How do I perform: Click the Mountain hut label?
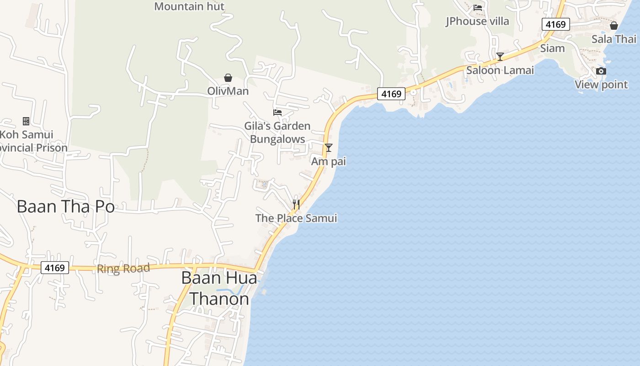pyautogui.click(x=189, y=6)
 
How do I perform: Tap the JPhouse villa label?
pyautogui.click(x=477, y=21)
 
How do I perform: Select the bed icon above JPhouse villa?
pyautogui.click(x=478, y=8)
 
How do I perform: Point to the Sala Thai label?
pyautogui.click(x=613, y=39)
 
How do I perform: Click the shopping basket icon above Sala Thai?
pyautogui.click(x=614, y=26)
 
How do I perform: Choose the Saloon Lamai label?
pyautogui.click(x=500, y=70)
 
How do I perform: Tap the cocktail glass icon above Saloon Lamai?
pyautogui.click(x=500, y=57)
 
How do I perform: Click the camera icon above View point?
pyautogui.click(x=601, y=71)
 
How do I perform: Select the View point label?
pyautogui.click(x=601, y=85)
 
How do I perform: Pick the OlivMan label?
pyautogui.click(x=228, y=91)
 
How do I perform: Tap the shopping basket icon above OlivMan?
pyautogui.click(x=228, y=78)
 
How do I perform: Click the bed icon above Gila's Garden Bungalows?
pyautogui.click(x=277, y=112)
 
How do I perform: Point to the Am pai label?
pyautogui.click(x=328, y=161)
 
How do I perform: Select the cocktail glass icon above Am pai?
pyautogui.click(x=328, y=148)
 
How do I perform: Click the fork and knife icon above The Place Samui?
pyautogui.click(x=296, y=205)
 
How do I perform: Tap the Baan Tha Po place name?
pyautogui.click(x=66, y=207)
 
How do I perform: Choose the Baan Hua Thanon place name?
pyautogui.click(x=219, y=288)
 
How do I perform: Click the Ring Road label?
pyautogui.click(x=123, y=269)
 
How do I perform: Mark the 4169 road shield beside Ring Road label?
pyautogui.click(x=55, y=268)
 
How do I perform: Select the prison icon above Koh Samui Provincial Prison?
pyautogui.click(x=26, y=121)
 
